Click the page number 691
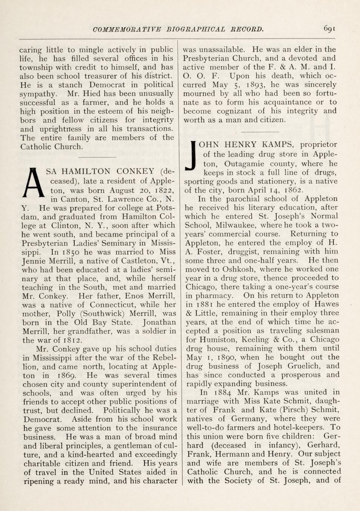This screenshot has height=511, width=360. [329, 29]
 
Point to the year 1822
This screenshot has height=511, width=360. [163, 190]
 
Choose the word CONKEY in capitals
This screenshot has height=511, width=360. [135, 171]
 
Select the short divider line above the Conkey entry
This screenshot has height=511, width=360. [98, 157]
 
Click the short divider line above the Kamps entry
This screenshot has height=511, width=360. [260, 131]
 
